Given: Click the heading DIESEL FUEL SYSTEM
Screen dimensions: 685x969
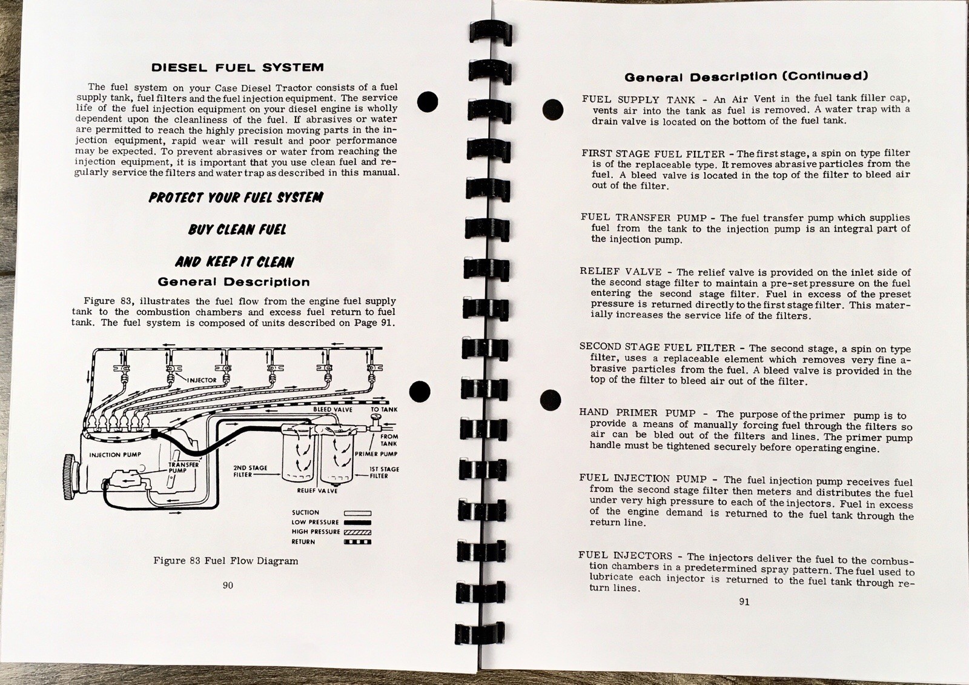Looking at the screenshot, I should point(237,68).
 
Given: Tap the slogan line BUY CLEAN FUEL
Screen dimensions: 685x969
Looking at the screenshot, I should point(237,230).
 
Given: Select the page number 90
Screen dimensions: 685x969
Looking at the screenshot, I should point(228,586).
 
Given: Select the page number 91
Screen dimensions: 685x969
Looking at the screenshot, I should point(744,602).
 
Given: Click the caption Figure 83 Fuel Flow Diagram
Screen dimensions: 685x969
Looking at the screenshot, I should point(225,561).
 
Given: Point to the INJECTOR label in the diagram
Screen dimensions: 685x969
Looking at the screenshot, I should point(201,380).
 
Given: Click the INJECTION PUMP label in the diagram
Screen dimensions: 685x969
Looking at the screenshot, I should point(115,455).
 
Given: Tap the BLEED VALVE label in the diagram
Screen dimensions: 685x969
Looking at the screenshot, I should point(332,410).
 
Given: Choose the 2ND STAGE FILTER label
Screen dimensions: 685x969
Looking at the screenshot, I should point(250,472).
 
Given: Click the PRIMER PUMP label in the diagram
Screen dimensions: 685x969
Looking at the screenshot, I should point(375,453).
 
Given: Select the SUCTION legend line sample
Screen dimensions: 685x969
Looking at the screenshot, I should point(357,513).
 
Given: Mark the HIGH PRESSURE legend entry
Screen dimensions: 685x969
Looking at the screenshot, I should point(316,532).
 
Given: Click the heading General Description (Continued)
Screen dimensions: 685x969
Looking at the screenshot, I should point(746,76).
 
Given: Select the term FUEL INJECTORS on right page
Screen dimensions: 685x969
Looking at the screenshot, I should point(626,555).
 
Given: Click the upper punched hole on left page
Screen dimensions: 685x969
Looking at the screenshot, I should point(427,101).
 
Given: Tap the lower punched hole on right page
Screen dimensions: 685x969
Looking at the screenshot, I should point(551,399).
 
